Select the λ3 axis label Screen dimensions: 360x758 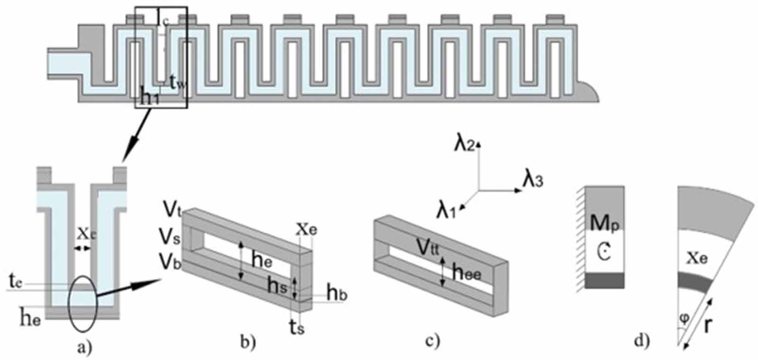(x=532, y=180)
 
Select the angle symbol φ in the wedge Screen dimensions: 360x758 (x=684, y=319)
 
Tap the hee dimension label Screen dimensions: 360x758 (x=467, y=272)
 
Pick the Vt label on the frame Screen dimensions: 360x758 (x=172, y=208)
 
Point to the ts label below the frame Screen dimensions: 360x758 (x=297, y=327)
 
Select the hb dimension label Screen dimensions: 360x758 (x=337, y=294)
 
